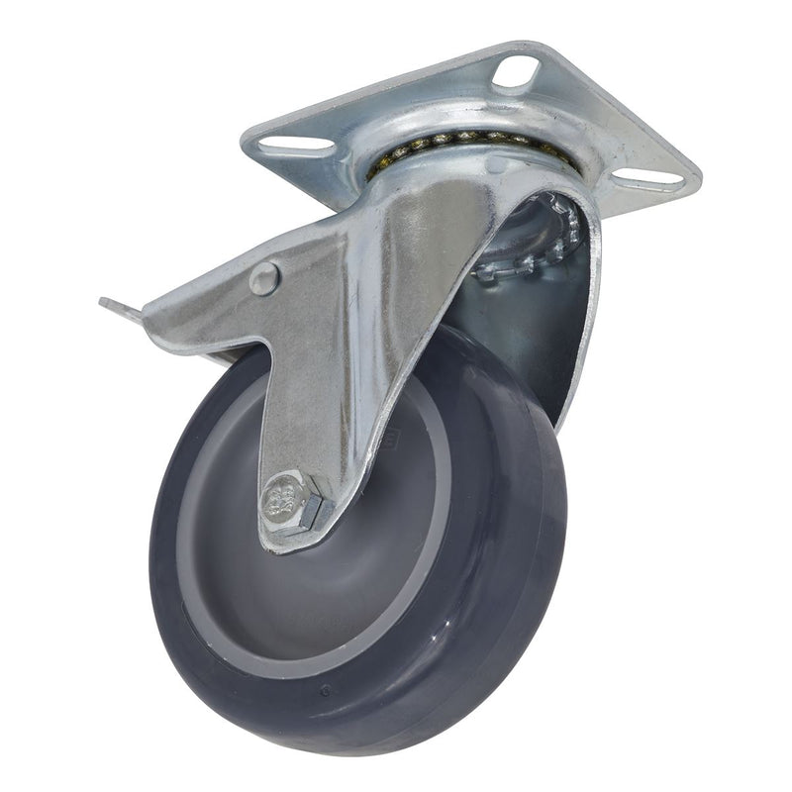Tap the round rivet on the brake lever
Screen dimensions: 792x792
pyautogui.click(x=264, y=278)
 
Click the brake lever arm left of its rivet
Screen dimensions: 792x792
pyautogui.click(x=198, y=297)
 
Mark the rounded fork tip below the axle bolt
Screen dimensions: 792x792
pyautogui.click(x=287, y=540)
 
